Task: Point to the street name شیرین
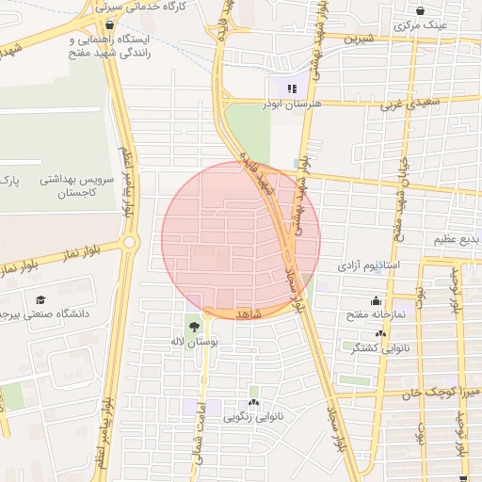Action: pos(359,40)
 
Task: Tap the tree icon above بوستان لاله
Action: pos(193,327)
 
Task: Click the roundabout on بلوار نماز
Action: pos(130,242)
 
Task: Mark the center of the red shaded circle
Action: pos(241,240)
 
